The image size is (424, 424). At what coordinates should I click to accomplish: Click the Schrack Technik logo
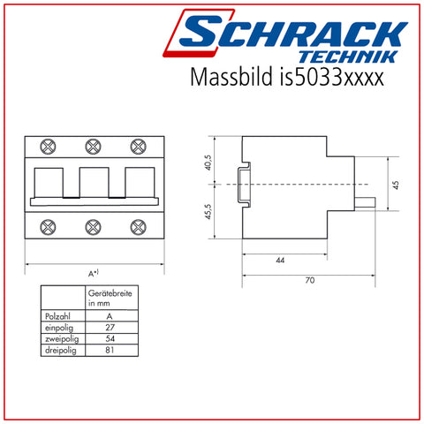coord(285,36)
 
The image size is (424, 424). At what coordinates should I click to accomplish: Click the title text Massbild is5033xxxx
coord(287,77)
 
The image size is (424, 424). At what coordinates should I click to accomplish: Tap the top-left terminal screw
coord(48,147)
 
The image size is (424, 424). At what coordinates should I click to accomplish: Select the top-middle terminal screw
coord(93,147)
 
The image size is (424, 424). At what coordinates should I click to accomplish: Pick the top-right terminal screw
coord(138,147)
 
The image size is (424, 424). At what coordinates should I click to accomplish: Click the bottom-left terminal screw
coord(48,227)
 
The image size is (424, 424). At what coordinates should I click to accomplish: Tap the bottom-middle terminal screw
coord(93,227)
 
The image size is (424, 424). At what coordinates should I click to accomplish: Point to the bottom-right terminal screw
coord(138,227)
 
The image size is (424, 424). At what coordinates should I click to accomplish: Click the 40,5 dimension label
coord(208,163)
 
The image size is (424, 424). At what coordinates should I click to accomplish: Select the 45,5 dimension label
coord(208,211)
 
